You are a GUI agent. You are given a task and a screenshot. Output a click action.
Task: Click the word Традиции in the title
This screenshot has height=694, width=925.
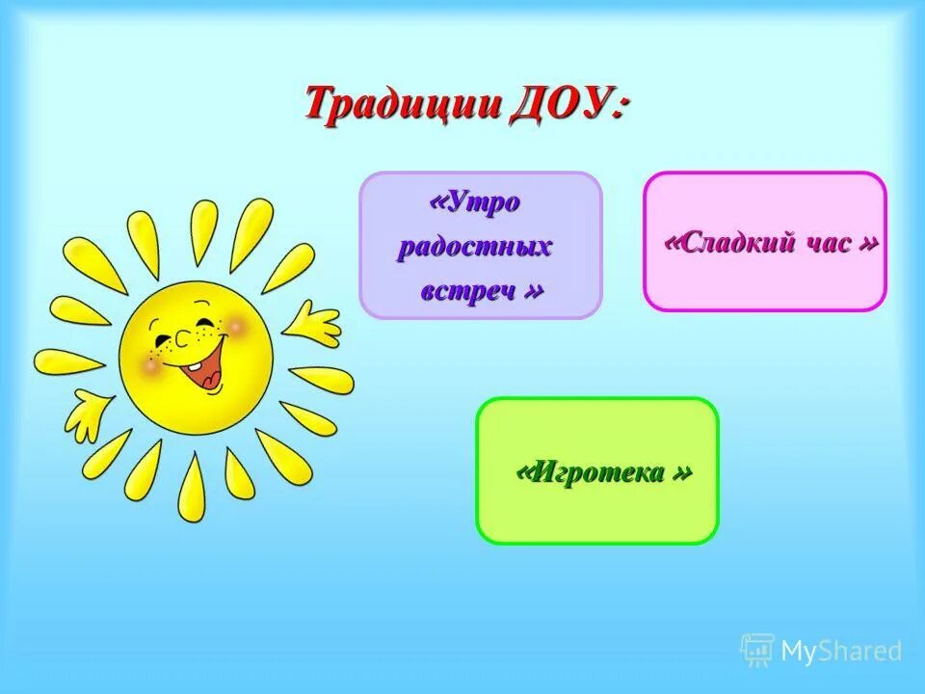click(x=403, y=103)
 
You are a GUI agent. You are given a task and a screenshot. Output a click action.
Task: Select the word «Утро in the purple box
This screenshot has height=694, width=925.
click(x=476, y=202)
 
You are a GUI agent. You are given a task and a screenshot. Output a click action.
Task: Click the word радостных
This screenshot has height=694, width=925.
click(x=475, y=246)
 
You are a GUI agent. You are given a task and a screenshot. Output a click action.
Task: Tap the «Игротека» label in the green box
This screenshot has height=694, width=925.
click(x=604, y=472)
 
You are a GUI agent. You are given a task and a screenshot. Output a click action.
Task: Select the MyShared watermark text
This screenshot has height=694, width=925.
click(x=841, y=652)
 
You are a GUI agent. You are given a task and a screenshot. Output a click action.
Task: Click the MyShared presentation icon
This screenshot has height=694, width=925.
click(x=757, y=651)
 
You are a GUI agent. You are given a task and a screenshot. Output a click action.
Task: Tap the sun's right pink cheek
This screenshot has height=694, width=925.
click(x=234, y=329)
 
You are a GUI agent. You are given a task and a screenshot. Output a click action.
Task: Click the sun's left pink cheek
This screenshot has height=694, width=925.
click(x=151, y=364)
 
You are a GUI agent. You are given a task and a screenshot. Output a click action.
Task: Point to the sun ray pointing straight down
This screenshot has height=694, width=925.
click(x=192, y=487)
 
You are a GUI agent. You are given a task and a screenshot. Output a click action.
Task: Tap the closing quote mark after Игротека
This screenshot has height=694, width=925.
click(x=682, y=472)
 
